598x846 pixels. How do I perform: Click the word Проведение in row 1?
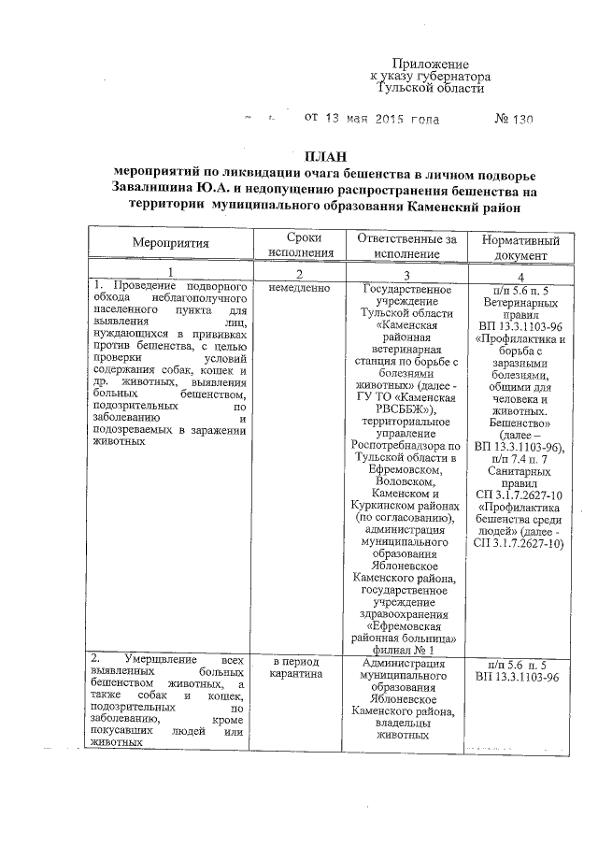(143, 284)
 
